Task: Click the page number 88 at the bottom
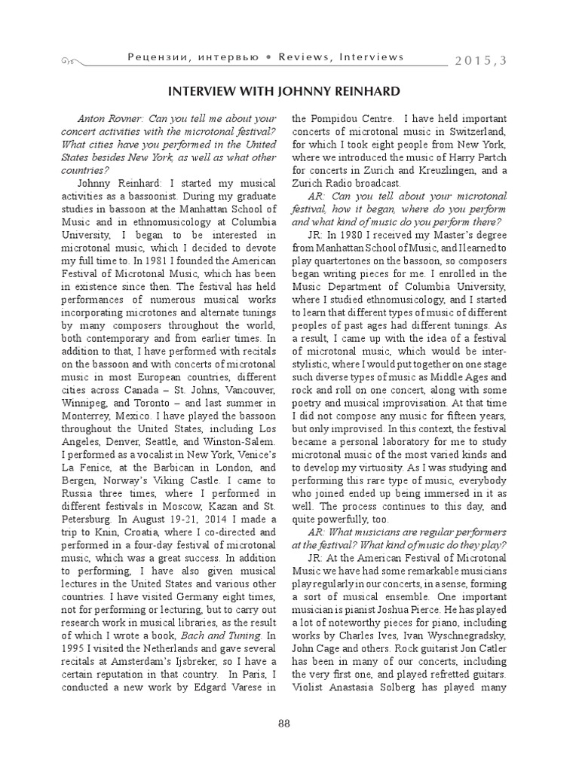[284, 724]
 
